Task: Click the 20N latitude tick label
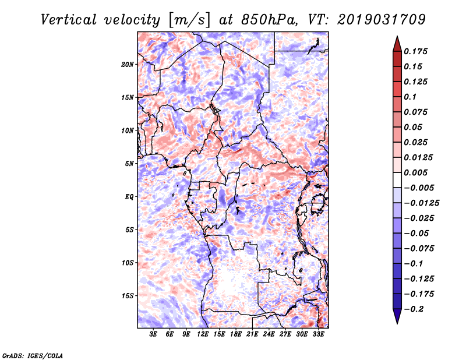click(128, 65)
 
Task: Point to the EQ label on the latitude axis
click(129, 197)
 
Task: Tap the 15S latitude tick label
click(128, 296)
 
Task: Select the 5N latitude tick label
click(129, 164)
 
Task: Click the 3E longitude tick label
click(153, 334)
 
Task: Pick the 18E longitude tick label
click(236, 334)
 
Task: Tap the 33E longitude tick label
click(318, 334)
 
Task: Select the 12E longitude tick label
click(203, 334)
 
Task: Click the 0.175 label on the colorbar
click(415, 51)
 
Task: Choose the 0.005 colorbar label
click(415, 172)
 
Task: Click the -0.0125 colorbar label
click(421, 203)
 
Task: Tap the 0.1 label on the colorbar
click(410, 97)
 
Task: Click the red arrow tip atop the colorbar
click(397, 36)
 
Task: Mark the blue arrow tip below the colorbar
click(397, 323)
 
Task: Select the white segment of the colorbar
click(397, 180)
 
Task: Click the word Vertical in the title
click(69, 20)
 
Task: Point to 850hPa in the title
click(269, 20)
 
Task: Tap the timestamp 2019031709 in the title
click(382, 20)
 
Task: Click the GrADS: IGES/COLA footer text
click(33, 356)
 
